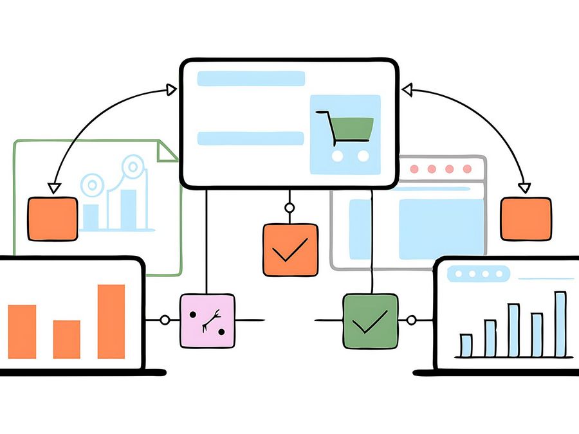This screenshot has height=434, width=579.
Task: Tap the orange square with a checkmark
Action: [x=290, y=250]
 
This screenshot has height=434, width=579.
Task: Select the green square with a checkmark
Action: [x=370, y=321]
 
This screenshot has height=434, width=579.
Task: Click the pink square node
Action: [x=207, y=321]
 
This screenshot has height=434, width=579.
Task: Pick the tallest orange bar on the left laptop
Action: [x=111, y=321]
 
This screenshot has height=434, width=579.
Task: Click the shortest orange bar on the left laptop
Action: [x=66, y=339]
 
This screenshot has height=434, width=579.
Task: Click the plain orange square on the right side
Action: [x=526, y=219]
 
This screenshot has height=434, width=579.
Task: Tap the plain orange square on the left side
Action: [x=52, y=219]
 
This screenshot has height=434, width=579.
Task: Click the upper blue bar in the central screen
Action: [x=251, y=78]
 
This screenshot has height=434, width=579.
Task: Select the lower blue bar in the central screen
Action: [x=250, y=138]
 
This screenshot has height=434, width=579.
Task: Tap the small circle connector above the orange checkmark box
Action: [x=289, y=208]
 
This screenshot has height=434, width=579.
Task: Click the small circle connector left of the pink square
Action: [x=165, y=320]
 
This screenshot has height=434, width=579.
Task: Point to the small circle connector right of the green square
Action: [x=410, y=320]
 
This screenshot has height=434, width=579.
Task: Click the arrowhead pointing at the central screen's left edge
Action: [x=171, y=89]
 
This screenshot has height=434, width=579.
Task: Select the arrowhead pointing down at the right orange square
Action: [x=524, y=188]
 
